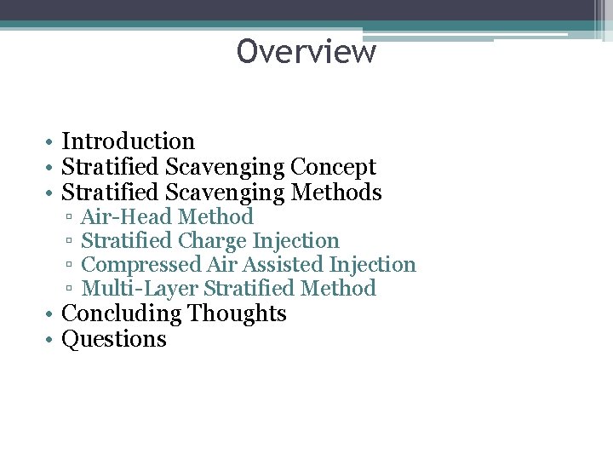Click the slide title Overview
click(306, 52)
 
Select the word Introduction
click(129, 141)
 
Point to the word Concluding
click(122, 313)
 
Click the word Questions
click(114, 339)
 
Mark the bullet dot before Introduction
click(52, 142)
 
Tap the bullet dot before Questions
click(52, 340)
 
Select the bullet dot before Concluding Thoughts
click(52, 314)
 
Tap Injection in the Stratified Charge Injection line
click(295, 241)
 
